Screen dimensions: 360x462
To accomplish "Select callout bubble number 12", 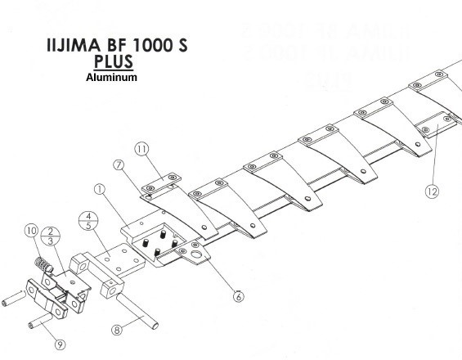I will (433, 191).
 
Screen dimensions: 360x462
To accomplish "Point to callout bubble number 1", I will (101, 190).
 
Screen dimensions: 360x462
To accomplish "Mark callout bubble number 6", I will (238, 295).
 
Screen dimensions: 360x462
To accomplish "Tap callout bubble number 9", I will (60, 344).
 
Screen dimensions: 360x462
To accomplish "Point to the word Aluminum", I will (111, 78).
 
